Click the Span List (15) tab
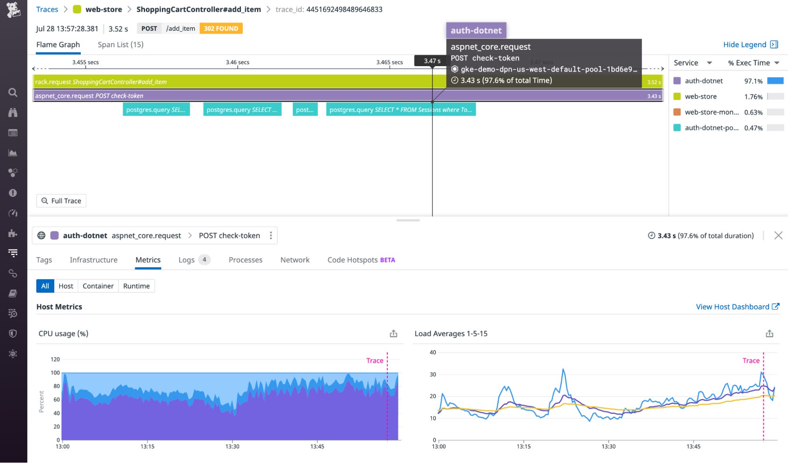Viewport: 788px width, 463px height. (120, 45)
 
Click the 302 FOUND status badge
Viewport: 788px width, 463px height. (221, 28)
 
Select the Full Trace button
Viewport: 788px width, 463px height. (61, 201)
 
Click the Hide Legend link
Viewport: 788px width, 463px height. (745, 45)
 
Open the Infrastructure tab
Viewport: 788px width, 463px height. (93, 260)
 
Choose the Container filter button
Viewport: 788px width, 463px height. (98, 286)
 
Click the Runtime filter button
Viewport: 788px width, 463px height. (136, 286)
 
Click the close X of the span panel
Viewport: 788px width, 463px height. (778, 235)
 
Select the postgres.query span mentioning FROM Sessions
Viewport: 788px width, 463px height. (401, 110)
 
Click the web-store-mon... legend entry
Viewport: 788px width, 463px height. (711, 112)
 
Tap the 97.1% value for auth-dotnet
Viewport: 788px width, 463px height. (753, 81)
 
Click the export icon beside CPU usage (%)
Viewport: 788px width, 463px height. (393, 333)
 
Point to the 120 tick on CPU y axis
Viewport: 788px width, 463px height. (55, 359)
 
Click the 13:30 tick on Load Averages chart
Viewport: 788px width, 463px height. (608, 446)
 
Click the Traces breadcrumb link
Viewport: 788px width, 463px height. (47, 9)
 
